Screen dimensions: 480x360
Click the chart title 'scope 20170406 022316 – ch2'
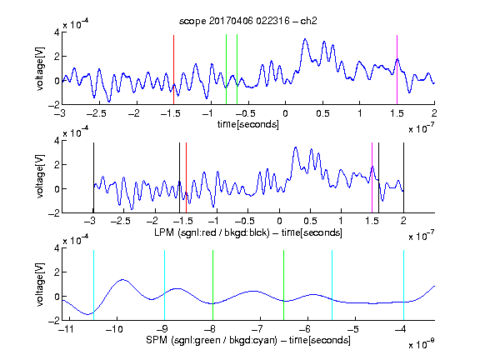[247, 21]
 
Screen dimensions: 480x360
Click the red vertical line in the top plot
[173, 70]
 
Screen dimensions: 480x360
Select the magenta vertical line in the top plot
[397, 70]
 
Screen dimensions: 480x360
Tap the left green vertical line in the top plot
[226, 69]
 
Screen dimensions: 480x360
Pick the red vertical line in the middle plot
[186, 177]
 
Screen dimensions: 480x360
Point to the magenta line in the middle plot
[372, 177]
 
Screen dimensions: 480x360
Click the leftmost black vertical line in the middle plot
[93, 177]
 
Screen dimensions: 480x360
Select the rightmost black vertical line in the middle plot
[403, 177]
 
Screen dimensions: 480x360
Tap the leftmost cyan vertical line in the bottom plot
[93, 285]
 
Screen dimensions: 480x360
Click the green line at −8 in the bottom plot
[212, 285]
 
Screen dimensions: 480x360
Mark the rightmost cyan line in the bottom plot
[403, 285]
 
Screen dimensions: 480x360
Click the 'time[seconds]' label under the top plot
[248, 124]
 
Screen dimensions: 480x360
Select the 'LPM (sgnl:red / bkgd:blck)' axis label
[212, 232]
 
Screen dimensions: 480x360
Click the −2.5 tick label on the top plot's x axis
[97, 113]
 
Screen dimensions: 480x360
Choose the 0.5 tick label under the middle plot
[310, 221]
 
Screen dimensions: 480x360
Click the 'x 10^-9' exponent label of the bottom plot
[422, 344]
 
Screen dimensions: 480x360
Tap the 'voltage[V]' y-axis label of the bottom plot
[40, 284]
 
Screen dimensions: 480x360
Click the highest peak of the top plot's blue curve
[305, 39]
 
